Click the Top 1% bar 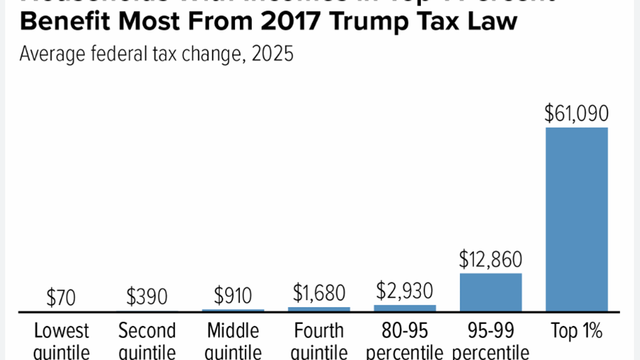tap(576, 219)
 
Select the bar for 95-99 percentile tap(490, 292)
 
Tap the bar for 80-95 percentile tap(405, 308)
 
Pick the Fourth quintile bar tap(319, 309)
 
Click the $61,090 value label tap(576, 113)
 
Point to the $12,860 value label tap(490, 260)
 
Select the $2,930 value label tap(405, 291)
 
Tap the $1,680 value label tap(319, 293)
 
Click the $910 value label tap(233, 296)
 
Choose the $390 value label tap(147, 297)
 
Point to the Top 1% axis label tap(576, 332)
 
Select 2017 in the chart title tap(291, 22)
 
